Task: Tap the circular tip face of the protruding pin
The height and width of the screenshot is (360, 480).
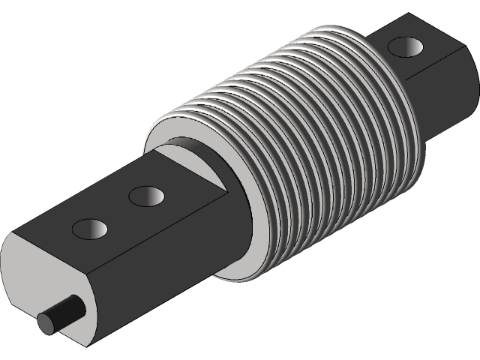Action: coord(49,322)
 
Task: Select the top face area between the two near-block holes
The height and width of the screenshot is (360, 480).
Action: coord(118,211)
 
